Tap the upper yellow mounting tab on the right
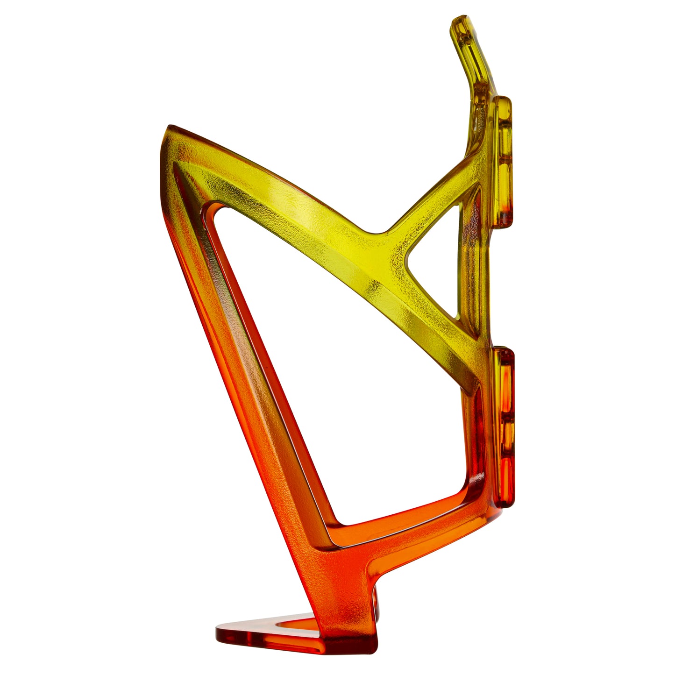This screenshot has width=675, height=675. click(503, 161)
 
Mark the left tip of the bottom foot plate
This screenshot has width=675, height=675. click(219, 633)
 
